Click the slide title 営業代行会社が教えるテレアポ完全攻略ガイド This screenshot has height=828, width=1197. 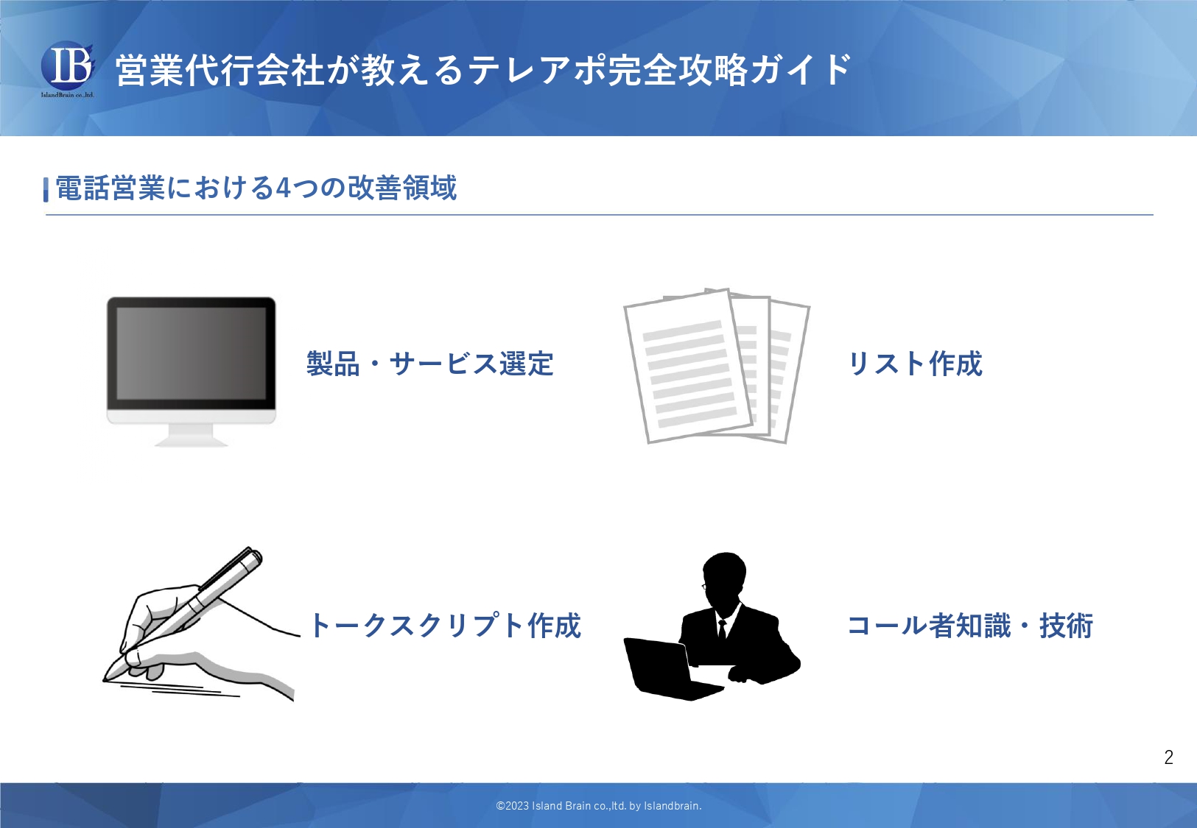(x=483, y=70)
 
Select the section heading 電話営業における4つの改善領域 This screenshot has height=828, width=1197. (x=256, y=188)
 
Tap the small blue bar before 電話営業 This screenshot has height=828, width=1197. (x=46, y=189)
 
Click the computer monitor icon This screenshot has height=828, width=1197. (x=192, y=371)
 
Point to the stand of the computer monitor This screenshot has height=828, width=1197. (x=191, y=436)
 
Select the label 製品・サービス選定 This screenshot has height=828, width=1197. (x=430, y=364)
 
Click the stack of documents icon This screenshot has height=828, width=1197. (x=717, y=366)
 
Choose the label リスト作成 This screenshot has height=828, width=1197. (x=916, y=364)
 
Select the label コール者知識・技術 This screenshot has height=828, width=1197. (x=970, y=625)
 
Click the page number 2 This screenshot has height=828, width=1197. (x=1169, y=757)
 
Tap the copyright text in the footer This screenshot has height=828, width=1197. (x=598, y=806)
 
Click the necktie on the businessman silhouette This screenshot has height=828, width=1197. (x=722, y=628)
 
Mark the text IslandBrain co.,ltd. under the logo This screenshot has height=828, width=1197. (x=67, y=95)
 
